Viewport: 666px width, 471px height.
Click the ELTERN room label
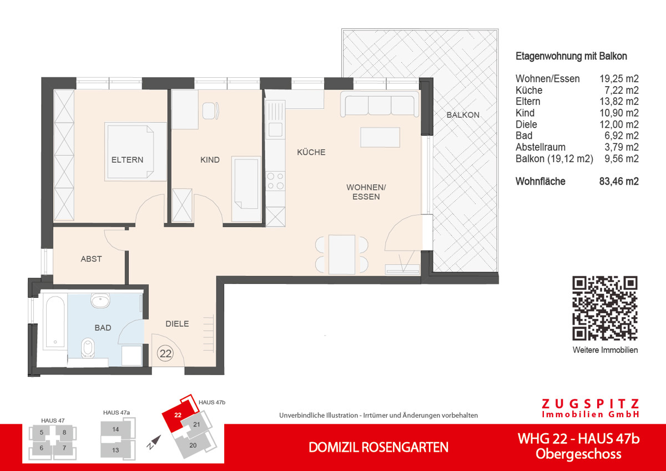[127, 160]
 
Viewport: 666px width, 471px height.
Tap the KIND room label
[210, 160]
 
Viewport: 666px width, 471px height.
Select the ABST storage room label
[91, 259]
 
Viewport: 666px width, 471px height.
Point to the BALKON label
[463, 115]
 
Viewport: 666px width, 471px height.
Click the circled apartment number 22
[165, 353]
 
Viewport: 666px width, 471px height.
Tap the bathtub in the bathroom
[54, 322]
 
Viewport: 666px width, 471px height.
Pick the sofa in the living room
[380, 106]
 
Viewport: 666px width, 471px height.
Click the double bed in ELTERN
[137, 152]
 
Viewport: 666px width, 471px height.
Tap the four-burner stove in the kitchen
[276, 181]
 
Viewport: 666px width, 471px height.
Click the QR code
[605, 308]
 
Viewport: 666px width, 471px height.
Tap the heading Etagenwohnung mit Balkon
[571, 56]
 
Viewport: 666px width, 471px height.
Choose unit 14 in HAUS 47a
[115, 429]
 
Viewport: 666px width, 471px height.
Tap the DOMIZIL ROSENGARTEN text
[379, 447]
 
